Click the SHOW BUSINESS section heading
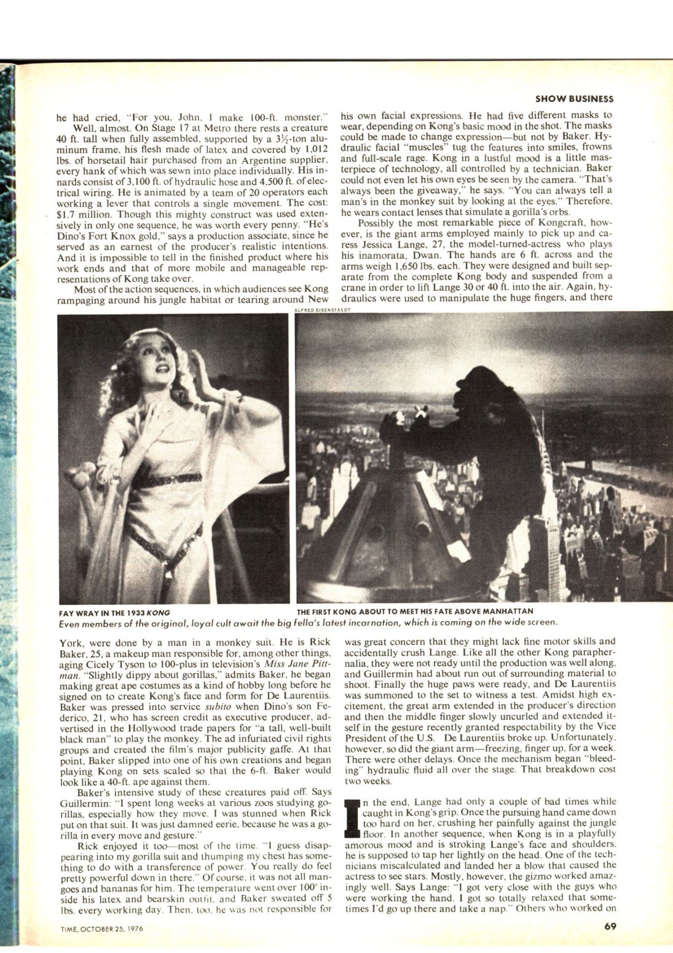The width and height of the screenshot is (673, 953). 574,98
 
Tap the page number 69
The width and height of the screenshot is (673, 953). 609,927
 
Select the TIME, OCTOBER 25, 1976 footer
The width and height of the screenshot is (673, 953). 102,929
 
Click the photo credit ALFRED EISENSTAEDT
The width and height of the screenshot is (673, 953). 323,310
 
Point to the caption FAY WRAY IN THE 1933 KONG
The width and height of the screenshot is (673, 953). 114,613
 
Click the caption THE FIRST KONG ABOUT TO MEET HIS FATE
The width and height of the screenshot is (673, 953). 414,612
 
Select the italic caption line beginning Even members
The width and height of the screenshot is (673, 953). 307,622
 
